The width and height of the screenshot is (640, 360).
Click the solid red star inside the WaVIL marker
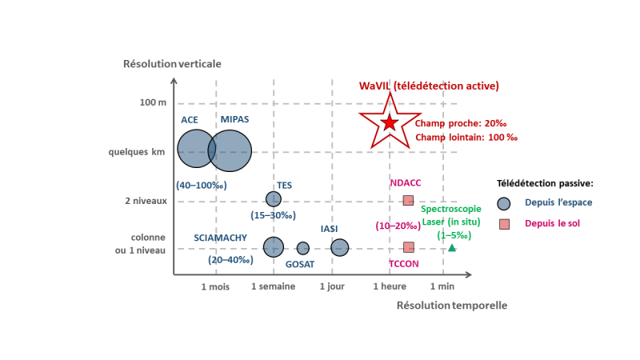(x=390, y=122)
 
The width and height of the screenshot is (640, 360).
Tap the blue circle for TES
(x=274, y=199)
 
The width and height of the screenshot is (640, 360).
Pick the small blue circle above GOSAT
(x=303, y=248)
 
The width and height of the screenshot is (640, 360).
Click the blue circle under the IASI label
(x=339, y=247)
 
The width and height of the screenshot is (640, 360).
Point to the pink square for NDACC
(x=408, y=201)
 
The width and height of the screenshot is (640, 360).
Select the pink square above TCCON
(x=409, y=247)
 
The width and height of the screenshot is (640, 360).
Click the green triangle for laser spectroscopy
(x=452, y=248)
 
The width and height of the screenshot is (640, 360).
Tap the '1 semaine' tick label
(x=273, y=286)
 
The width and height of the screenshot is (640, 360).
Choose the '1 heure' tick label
(x=390, y=286)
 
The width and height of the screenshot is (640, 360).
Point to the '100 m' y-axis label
(x=153, y=102)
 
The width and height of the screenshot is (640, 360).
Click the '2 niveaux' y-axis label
(x=146, y=201)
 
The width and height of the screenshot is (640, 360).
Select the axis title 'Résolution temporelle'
(x=452, y=306)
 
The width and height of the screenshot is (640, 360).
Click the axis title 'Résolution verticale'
(x=172, y=64)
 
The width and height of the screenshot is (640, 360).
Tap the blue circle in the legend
(x=504, y=204)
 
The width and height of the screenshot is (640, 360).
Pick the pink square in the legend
(x=505, y=224)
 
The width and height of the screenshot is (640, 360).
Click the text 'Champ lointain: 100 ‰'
(x=466, y=137)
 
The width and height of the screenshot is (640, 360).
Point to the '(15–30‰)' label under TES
(x=273, y=215)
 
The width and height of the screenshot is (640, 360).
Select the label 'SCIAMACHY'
(x=221, y=238)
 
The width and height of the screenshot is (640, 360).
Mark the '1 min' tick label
(x=442, y=286)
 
